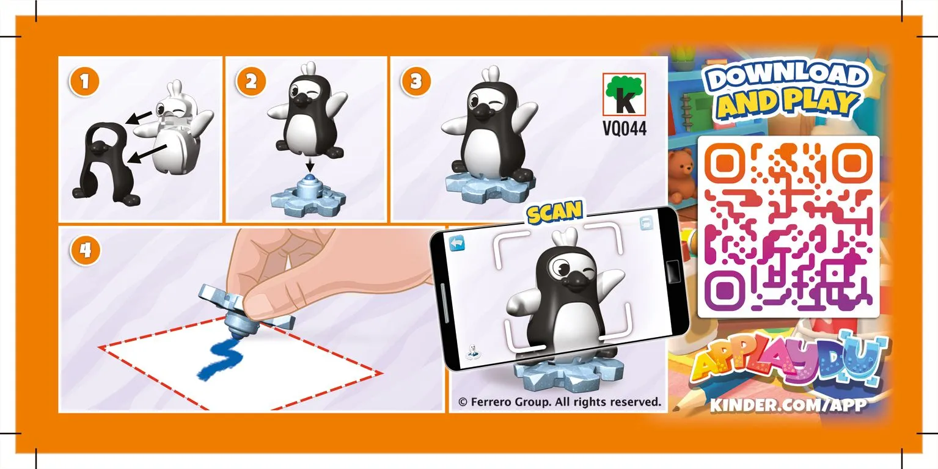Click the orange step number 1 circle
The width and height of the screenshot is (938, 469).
pos(84,81)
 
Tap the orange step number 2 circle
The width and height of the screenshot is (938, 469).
pos(251,81)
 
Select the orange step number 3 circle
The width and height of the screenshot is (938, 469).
pos(416,81)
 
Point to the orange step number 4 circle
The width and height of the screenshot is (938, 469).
pos(85,250)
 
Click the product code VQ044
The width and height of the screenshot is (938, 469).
pos(625,128)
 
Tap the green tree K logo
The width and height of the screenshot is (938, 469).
pos(624,95)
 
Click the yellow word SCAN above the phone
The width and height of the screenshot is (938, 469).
pos(555,212)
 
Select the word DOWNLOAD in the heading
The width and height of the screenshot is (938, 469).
pos(786,76)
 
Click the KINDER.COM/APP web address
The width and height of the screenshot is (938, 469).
pos(788,405)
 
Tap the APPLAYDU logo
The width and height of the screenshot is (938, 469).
pos(788,359)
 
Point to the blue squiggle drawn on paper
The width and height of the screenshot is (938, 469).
pos(221,359)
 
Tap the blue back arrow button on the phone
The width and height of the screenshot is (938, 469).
pos(457,243)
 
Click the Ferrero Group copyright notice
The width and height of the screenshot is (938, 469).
pos(560,402)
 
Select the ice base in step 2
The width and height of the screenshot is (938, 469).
pos(309,196)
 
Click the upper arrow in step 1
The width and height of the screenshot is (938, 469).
pos(139,118)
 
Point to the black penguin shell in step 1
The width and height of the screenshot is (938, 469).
pos(106,163)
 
